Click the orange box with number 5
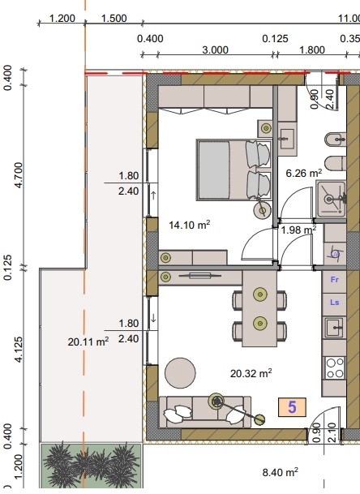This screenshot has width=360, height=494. coord(292,407)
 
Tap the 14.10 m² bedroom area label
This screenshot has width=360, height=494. coord(189,225)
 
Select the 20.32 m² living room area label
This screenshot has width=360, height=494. coord(251,373)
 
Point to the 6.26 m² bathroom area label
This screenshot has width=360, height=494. coord(303,173)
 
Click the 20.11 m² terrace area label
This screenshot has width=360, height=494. coord(88,342)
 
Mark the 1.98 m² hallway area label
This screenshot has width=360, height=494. coord(298,230)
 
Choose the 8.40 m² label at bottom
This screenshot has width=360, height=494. coord(280,472)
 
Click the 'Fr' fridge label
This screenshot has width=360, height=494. coord(335,280)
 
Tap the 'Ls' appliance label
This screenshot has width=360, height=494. coord(335,303)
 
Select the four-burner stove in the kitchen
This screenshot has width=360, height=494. coord(335,368)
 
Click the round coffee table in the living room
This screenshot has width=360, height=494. coord(180,373)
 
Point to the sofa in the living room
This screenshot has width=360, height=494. coord(205,412)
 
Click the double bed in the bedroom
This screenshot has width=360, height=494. coord(234,170)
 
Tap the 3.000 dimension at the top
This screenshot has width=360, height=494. coord(215,50)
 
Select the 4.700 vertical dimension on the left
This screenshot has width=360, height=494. coord(19,175)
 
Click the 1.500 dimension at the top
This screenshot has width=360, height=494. coord(114,19)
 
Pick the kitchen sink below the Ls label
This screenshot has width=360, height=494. coord(334,328)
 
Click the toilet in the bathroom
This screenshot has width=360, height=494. coord(336,164)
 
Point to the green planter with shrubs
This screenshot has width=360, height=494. coord(91,466)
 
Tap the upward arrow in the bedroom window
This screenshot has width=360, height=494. coord(153,195)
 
